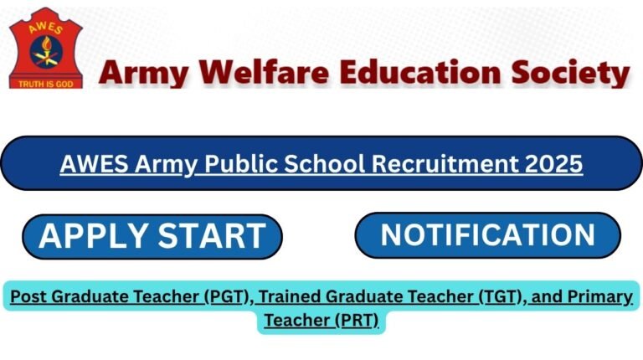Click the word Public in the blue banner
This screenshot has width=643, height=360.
235,163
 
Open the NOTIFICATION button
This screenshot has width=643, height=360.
488,235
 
